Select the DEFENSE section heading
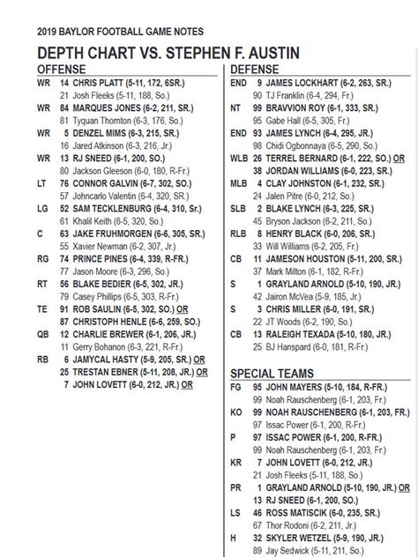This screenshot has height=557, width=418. (256, 68)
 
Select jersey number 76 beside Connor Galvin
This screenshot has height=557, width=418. (64, 182)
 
